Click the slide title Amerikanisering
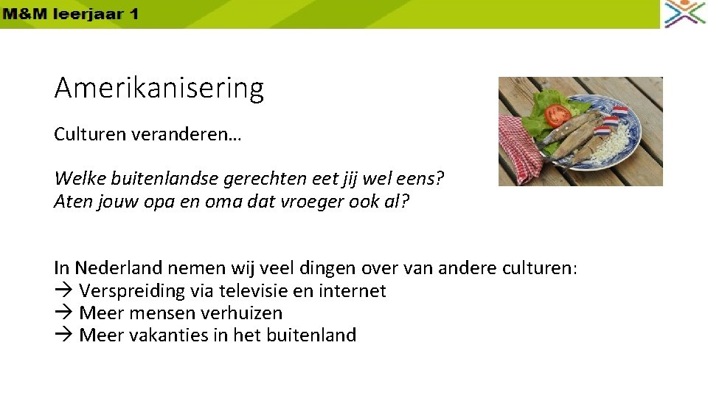tap(159, 89)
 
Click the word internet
tap(352, 291)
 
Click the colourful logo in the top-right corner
tap(684, 14)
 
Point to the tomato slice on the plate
tap(558, 115)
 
